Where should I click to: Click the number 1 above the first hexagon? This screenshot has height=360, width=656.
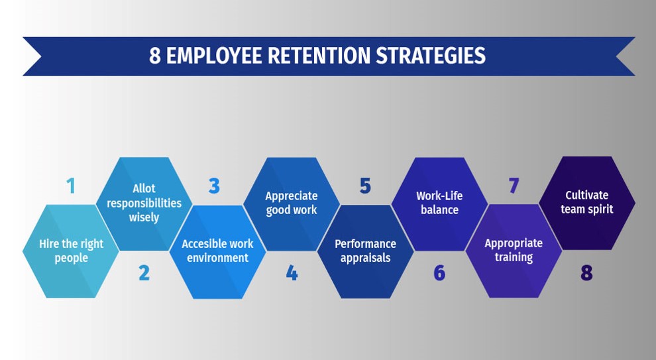[71, 186]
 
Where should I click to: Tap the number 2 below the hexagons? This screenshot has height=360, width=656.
[144, 273]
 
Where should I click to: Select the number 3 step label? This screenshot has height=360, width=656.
[214, 186]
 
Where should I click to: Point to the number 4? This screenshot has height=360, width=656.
[292, 273]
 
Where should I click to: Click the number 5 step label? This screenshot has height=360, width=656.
[365, 186]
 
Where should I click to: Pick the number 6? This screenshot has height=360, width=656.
[439, 273]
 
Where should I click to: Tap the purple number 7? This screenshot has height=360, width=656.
[514, 186]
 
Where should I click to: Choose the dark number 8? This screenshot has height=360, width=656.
[586, 272]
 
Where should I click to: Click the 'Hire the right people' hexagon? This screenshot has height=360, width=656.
[71, 251]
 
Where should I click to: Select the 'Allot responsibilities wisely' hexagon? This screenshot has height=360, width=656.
[144, 204]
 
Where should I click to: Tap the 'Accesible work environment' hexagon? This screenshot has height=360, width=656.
[217, 251]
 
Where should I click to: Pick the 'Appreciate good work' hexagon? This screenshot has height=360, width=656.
[292, 204]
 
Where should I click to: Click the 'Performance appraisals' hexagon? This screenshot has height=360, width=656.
[365, 251]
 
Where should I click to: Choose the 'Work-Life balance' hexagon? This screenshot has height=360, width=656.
[439, 204]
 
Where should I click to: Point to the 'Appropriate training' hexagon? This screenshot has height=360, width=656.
[514, 251]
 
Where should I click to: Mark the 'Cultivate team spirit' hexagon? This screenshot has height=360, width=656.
[587, 203]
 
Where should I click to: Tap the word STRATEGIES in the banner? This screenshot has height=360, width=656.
[431, 56]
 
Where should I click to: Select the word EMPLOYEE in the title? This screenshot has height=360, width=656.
[214, 56]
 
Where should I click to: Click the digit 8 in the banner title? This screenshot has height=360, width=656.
[155, 56]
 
